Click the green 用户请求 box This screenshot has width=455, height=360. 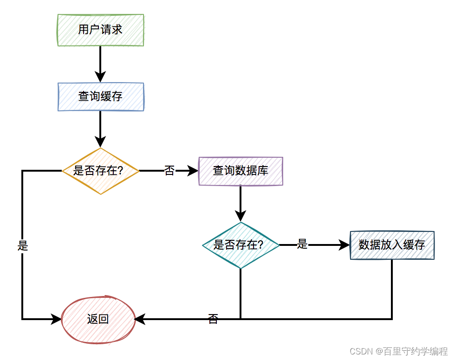pos(101,30)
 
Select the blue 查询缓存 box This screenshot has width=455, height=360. pos(101,97)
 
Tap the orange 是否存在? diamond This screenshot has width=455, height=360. pos(101,171)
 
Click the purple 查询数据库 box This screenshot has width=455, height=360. pos(240,171)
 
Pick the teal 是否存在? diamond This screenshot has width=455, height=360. pos(240,245)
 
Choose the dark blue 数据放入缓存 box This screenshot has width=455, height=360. pos(392,245)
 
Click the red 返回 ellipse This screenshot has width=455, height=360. pos(98,319)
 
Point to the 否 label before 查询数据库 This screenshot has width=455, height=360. pos(169,171)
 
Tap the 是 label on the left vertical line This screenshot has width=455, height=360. pos(22,246)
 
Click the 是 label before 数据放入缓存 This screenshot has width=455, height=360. pos(302,244)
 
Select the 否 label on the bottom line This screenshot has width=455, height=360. pos(213,319)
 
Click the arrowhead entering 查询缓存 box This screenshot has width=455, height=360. pos(100,77)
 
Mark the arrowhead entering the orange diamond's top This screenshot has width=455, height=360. pos(100,141)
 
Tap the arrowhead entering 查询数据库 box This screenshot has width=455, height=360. pos(194,171)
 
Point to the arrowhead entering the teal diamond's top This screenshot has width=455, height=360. pos(240,216)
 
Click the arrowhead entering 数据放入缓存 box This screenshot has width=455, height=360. pos(344,245)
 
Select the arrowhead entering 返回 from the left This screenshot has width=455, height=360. pos(56,319)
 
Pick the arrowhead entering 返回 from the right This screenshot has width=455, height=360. pos(140,319)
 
